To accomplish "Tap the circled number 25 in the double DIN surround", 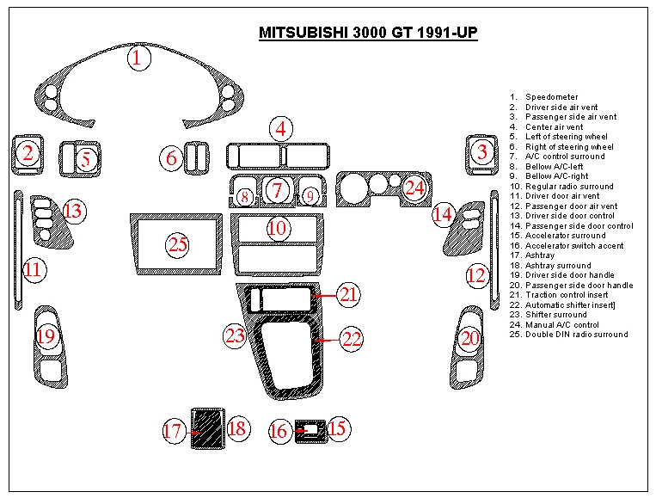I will pyautogui.click(x=178, y=245).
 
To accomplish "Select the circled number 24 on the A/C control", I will pyautogui.click(x=415, y=187).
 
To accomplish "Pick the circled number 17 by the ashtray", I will pyautogui.click(x=174, y=430).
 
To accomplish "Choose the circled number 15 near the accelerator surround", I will pyautogui.click(x=336, y=427).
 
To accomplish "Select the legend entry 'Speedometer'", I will pyautogui.click(x=551, y=97).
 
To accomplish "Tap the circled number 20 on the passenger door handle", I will pyautogui.click(x=469, y=338).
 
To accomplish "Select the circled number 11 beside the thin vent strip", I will pyautogui.click(x=33, y=270).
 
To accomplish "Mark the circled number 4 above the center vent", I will pyautogui.click(x=280, y=130).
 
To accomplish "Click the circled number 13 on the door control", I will pyautogui.click(x=73, y=211).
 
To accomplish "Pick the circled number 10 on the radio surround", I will pyautogui.click(x=277, y=229).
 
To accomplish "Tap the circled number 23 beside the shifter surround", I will pyautogui.click(x=235, y=335).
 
